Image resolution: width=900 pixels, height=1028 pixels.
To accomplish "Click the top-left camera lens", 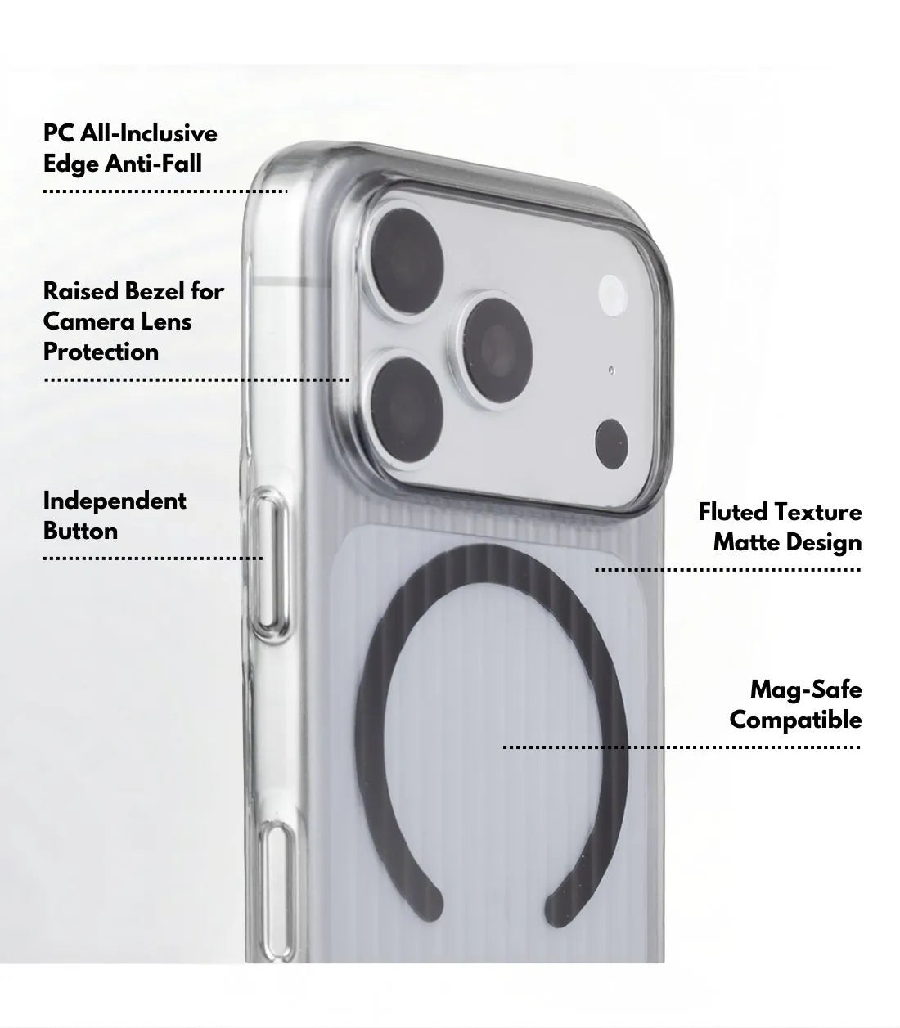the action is (406, 261).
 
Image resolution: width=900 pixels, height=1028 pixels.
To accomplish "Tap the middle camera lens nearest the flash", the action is (497, 350).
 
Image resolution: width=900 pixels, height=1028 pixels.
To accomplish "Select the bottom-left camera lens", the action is (406, 410).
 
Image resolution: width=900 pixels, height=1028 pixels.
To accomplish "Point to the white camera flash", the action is (613, 295).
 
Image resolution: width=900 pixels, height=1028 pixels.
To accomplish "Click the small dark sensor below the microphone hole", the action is (611, 444).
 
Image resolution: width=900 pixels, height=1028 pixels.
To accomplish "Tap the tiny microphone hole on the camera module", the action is (611, 370).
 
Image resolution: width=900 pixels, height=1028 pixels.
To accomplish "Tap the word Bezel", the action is (155, 291).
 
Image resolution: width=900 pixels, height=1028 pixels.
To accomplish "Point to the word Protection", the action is (101, 352).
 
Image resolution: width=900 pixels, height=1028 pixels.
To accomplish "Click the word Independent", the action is (115, 501).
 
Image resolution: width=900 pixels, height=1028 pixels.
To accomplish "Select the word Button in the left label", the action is (80, 531).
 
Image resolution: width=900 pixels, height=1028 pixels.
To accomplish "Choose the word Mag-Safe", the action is (806, 690).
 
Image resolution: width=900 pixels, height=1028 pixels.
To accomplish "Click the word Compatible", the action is (796, 720).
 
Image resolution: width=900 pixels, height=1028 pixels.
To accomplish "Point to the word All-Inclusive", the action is (149, 133).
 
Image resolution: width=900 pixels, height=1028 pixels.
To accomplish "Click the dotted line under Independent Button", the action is (153, 559).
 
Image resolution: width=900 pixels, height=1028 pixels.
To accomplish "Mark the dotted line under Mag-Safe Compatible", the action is (682, 747).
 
